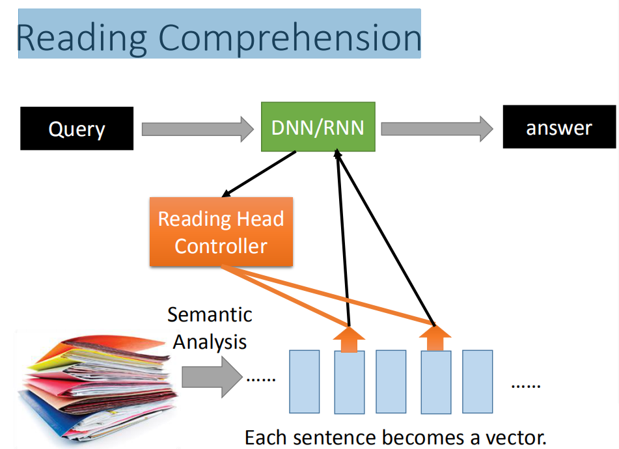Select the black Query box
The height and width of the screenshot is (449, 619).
point(77,128)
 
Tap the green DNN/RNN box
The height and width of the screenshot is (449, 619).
point(318,127)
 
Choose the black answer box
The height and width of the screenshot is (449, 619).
point(559,127)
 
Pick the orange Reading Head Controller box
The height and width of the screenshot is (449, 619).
point(221,232)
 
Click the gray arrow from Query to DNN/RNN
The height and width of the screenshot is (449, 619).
point(198,129)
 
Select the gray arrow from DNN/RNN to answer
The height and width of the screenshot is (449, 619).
point(437,129)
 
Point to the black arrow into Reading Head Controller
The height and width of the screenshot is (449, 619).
point(259,174)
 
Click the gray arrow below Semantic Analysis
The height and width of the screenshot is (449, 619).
point(212,377)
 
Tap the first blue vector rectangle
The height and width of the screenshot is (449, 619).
point(305,381)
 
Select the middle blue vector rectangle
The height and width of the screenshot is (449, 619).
point(391,381)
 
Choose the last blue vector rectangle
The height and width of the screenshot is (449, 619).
point(477,381)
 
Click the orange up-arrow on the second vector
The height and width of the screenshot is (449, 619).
point(349,339)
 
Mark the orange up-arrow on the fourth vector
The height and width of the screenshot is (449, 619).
point(435,338)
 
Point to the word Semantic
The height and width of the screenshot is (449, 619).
point(210,315)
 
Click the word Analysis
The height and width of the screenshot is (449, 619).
point(210,342)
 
